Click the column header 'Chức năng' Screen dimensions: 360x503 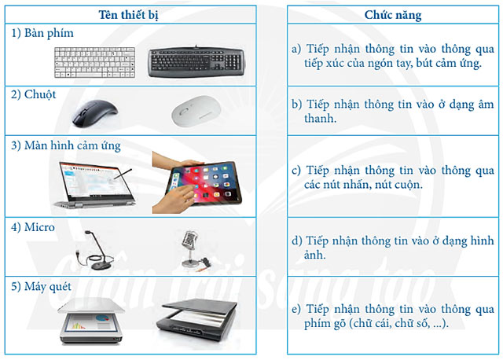tap(393, 16)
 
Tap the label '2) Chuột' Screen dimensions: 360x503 tap(31, 94)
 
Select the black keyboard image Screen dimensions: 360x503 tap(196, 60)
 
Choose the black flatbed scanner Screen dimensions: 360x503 tap(196, 321)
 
